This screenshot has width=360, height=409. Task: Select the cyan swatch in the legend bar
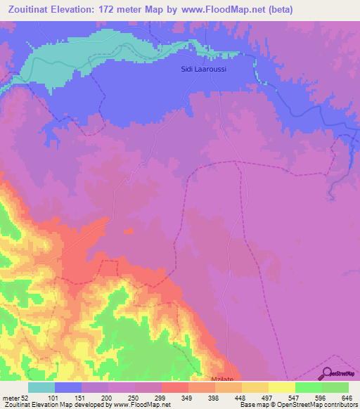(41, 387)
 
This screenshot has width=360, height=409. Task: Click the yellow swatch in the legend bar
(282, 387)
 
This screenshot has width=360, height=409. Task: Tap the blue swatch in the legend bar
(68, 387)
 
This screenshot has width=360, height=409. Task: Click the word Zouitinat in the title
(33, 10)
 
